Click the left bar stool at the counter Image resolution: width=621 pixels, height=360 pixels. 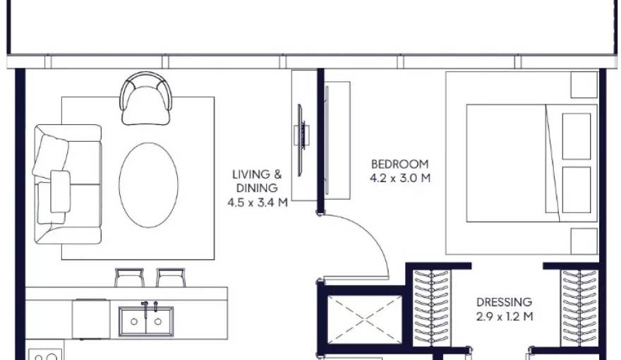[x=129, y=277]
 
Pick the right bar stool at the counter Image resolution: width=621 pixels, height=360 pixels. [x=170, y=277]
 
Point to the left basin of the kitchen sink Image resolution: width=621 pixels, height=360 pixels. [x=134, y=321]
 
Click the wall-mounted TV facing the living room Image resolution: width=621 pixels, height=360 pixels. [x=302, y=135]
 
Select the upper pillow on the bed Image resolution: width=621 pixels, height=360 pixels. [x=576, y=136]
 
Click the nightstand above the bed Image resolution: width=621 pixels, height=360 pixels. [x=584, y=85]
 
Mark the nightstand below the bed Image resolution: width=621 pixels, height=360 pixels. [x=584, y=241]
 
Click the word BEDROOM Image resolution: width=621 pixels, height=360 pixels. [x=400, y=164]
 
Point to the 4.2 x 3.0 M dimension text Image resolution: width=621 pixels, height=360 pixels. [x=400, y=179]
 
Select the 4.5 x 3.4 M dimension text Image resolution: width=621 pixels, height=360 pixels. [x=257, y=203]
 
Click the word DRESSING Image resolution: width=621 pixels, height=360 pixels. [x=504, y=302]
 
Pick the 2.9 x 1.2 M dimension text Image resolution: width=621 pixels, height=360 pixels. [x=504, y=316]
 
